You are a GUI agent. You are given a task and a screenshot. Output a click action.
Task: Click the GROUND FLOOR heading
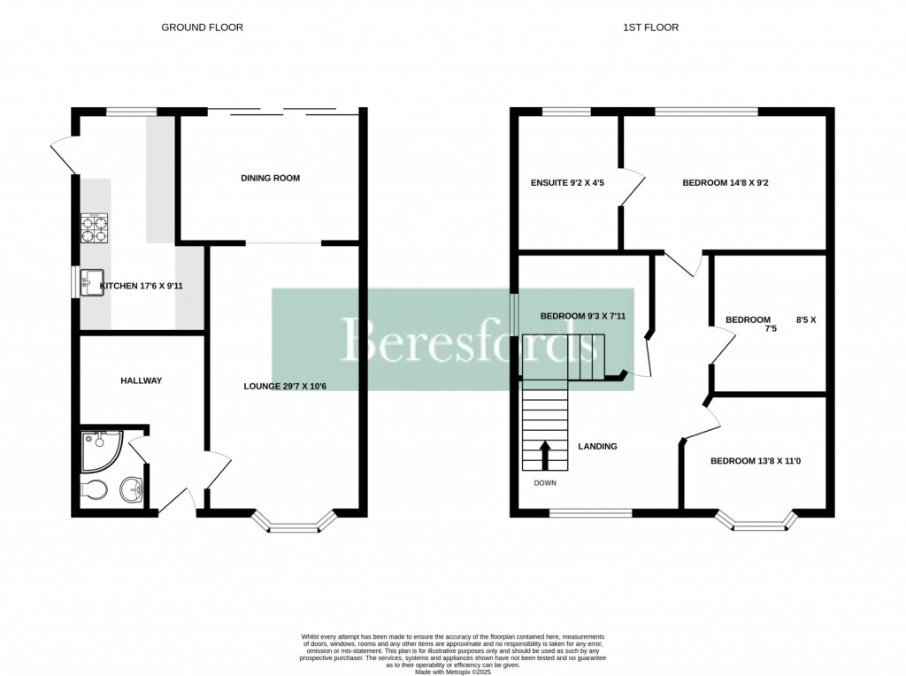(x=202, y=27)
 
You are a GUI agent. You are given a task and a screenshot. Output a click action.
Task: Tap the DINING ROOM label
(x=270, y=178)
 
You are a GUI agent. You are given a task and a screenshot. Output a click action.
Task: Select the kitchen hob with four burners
(x=95, y=228)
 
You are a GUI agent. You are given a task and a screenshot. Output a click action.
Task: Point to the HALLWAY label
(x=142, y=380)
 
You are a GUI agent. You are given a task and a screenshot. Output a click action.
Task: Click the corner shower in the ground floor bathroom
(x=98, y=450)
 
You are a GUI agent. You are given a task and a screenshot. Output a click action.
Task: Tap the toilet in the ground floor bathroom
(x=94, y=489)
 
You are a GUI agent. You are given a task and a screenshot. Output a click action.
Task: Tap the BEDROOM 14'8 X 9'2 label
(x=730, y=184)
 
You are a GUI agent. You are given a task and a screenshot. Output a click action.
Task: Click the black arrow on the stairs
(x=544, y=454)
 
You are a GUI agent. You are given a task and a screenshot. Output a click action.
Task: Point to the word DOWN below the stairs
(x=545, y=483)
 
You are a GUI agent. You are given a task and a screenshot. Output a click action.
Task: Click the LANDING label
(x=597, y=446)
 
